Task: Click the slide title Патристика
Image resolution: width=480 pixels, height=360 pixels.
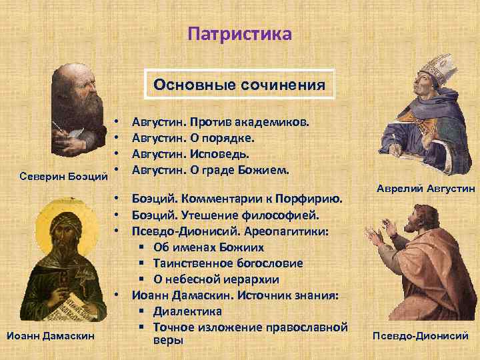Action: pyautogui.click(x=239, y=33)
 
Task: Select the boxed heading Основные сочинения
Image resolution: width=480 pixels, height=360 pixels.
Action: pyautogui.click(x=239, y=85)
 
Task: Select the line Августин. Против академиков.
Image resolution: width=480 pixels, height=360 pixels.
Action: pyautogui.click(x=220, y=122)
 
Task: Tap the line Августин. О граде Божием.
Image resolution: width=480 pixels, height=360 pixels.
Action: pyautogui.click(x=211, y=170)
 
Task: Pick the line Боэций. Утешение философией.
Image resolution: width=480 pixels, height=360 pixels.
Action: pyautogui.click(x=226, y=215)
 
